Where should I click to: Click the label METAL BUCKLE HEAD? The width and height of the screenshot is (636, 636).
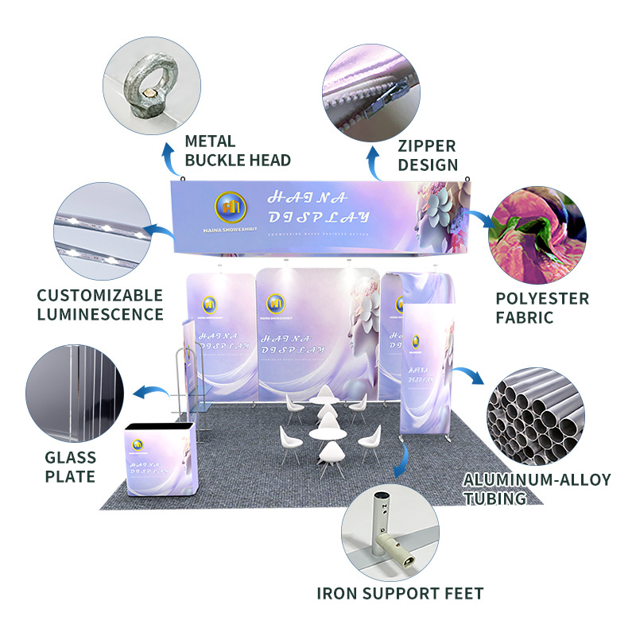point(237,150)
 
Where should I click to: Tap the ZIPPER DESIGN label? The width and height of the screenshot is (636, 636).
point(428,155)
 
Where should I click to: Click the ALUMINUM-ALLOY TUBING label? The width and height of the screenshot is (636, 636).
point(537,489)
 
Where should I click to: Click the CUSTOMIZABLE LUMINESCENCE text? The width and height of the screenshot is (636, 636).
point(100,304)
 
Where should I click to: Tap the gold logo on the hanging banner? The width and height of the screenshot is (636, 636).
point(231,209)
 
